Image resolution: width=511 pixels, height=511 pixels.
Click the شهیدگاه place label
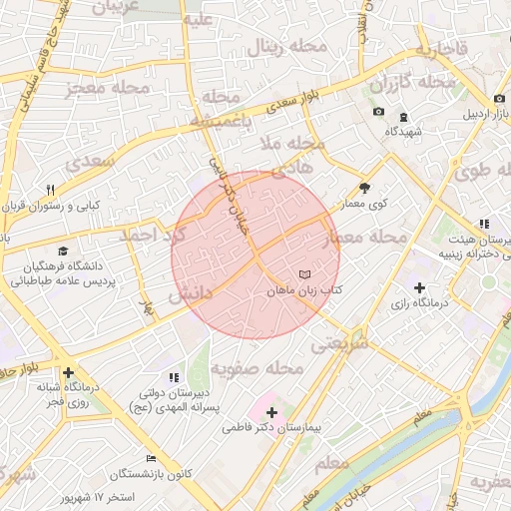pyautogui.click(x=406, y=131)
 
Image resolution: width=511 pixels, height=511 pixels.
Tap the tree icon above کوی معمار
pyautogui.click(x=364, y=187)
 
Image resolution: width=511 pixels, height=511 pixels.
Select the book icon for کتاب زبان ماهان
pyautogui.click(x=304, y=273)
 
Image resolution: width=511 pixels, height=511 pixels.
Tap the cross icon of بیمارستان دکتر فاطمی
pyautogui.click(x=270, y=411)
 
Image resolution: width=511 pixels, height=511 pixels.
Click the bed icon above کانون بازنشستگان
pyautogui.click(x=151, y=458)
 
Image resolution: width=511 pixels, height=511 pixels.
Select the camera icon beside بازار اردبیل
pyautogui.click(x=498, y=98)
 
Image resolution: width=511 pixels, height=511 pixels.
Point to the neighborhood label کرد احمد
pyautogui.click(x=153, y=236)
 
